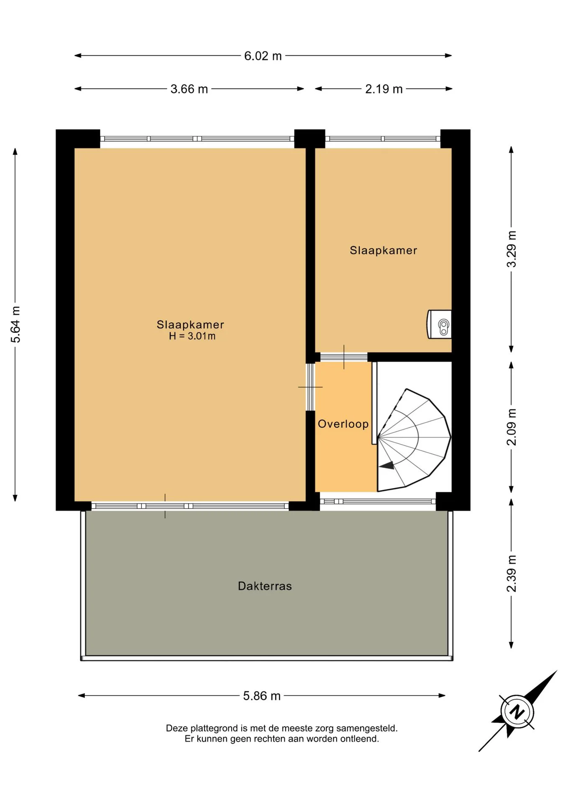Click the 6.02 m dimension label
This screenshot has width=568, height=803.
pos(263,56)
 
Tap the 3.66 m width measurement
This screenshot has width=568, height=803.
pos(189,89)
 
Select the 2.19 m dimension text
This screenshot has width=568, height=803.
pos(384,89)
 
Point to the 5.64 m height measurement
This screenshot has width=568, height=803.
pos(15,325)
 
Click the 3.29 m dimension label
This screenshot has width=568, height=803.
pos(512,249)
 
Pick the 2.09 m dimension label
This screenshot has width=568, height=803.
pos(512,427)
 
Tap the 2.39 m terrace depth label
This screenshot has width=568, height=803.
pos(512,573)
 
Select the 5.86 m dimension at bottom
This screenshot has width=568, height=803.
pos(262,696)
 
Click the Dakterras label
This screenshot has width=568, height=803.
pos(265,586)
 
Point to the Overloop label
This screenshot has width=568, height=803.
pos(343,424)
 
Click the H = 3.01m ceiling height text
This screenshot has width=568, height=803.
pos(192,336)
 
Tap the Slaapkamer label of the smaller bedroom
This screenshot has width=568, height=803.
pos(384,251)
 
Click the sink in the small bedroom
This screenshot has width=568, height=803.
pos(439,324)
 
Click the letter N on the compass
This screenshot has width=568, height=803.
pos(517,711)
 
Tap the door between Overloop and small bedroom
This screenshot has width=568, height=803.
pos(344,357)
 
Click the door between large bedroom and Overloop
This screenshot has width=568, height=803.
pos(310,387)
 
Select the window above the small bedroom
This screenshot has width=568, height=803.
pos(383,139)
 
